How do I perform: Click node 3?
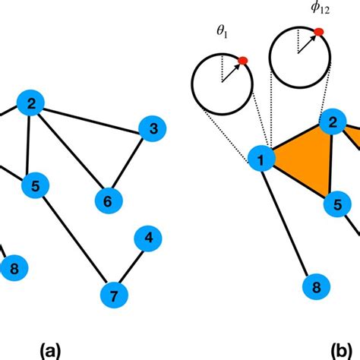[x=153, y=130]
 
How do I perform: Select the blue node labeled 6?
[x=107, y=201]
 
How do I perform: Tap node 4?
[x=148, y=239]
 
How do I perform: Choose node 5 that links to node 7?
[x=34, y=184]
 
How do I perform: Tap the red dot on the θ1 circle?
[x=242, y=61]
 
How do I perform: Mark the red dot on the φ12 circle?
[x=319, y=31]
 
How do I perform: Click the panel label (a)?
[x=49, y=351]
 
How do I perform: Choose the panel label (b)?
[x=340, y=351]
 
